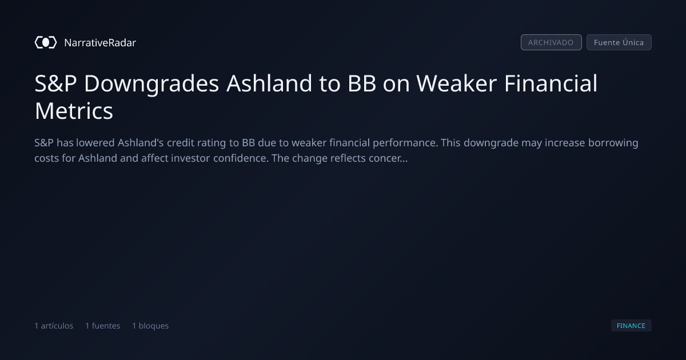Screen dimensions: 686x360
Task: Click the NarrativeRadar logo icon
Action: (x=46, y=42)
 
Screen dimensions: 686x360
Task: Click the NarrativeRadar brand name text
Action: (x=100, y=43)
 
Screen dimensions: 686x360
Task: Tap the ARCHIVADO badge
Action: (x=551, y=42)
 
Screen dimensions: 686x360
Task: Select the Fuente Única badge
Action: (x=619, y=42)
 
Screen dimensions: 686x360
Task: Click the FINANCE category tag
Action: (x=631, y=325)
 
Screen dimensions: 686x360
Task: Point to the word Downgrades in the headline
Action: (x=151, y=83)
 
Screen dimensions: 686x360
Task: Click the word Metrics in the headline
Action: (x=74, y=111)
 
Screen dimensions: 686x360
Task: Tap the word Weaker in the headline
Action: (x=456, y=83)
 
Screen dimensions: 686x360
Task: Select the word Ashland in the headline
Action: (x=269, y=83)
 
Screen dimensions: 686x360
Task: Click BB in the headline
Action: (x=362, y=83)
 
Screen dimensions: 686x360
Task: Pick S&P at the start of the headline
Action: (x=55, y=83)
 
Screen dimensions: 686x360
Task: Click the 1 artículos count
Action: (x=54, y=326)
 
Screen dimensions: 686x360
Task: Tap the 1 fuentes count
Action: (x=103, y=326)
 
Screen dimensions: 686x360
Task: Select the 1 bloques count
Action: (x=150, y=326)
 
